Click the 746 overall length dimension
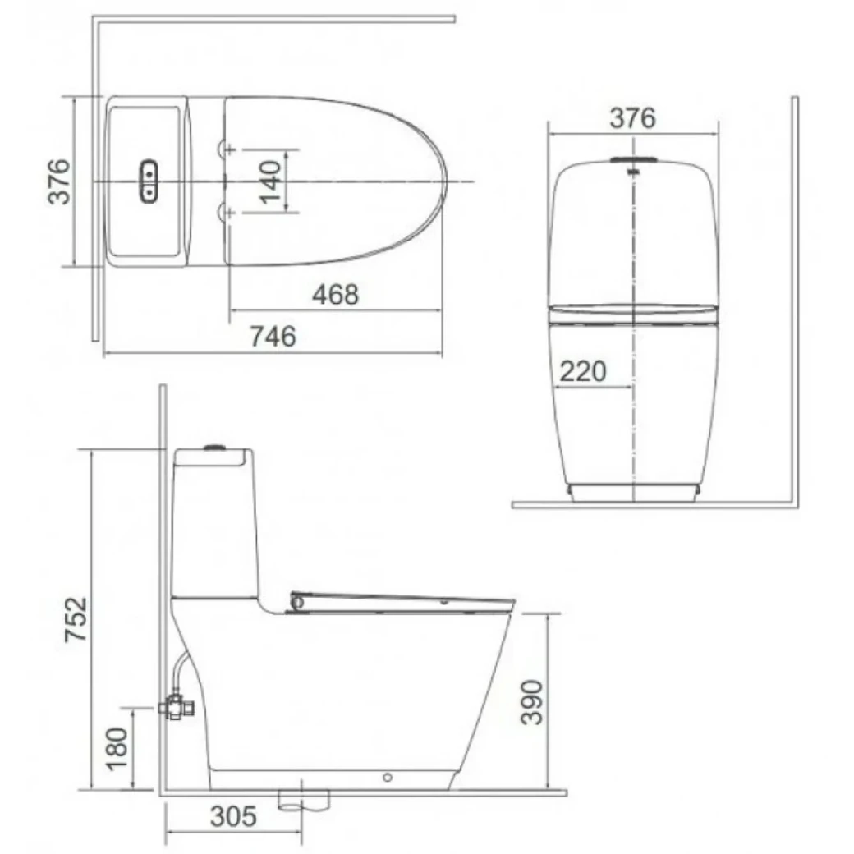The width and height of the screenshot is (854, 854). pos(273,337)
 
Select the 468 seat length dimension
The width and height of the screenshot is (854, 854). pos(336,294)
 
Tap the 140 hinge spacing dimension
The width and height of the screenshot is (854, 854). pos(272,181)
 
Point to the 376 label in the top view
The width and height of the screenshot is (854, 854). pos(59,181)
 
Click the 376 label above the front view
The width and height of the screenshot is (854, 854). pos(632,118)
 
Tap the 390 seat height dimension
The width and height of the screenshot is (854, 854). pos(534,701)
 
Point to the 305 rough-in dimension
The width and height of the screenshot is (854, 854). pos(233,817)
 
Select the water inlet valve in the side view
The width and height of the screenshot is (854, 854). pos(174,705)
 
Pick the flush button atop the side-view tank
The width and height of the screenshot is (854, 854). pos(214,448)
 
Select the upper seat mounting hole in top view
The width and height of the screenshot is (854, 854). pos(227,149)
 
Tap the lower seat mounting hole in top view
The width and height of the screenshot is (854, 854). pos(227,213)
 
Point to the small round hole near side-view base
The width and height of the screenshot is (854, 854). pos(388,775)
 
